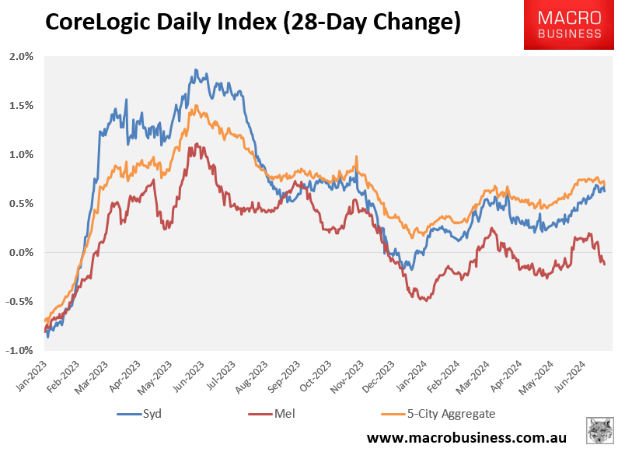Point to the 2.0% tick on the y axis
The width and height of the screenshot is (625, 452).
(x=22, y=57)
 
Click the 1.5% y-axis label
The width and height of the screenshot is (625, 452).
(x=22, y=106)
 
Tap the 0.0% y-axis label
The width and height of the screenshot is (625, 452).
(x=22, y=252)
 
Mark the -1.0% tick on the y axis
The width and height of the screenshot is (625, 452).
(x=21, y=350)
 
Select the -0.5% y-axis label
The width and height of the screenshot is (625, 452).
(x=21, y=301)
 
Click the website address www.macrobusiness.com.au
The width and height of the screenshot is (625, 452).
(x=466, y=438)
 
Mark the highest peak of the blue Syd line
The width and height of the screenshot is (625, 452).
(x=196, y=70)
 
